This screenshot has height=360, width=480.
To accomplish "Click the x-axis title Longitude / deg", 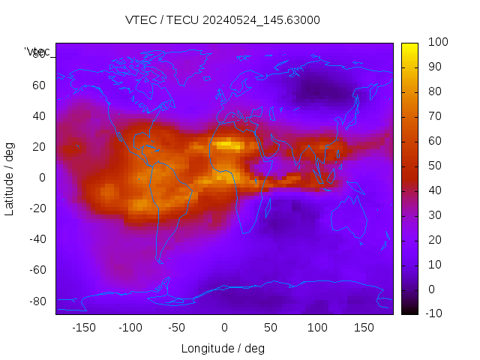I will tap(223, 348).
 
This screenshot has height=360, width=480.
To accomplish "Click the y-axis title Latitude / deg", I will tap(10, 178).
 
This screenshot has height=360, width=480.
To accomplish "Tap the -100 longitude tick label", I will tap(130, 327).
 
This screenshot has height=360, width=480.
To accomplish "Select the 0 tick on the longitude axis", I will tap(223, 327).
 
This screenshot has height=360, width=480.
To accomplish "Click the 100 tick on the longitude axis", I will tap(317, 327).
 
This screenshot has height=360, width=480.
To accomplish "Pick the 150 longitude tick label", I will tap(364, 327).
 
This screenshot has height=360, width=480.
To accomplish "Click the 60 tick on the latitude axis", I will tap(39, 85).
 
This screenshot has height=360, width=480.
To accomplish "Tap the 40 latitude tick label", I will tap(39, 116).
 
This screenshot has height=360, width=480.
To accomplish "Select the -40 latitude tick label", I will tap(37, 239).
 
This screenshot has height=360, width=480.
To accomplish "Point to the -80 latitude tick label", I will tap(37, 301).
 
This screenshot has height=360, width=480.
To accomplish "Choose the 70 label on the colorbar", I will tap(433, 117).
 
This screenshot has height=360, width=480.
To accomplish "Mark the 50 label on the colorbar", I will tap(433, 166).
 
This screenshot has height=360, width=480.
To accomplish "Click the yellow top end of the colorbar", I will tap(409, 46).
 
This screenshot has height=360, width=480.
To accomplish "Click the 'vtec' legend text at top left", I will tap(37, 52).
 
